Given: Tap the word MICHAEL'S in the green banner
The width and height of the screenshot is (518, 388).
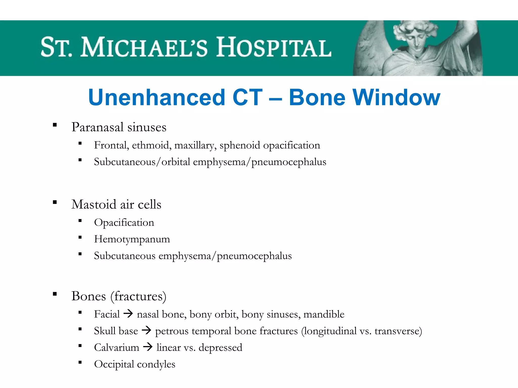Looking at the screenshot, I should tap(144, 47).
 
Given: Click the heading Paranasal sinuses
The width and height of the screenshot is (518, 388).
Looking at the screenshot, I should tap(119, 127).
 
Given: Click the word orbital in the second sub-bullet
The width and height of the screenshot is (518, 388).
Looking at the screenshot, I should tap(176, 162).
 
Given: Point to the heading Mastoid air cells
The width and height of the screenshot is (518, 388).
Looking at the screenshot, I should tap(116, 204).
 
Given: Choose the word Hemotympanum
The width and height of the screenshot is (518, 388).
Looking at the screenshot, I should tap(132, 239).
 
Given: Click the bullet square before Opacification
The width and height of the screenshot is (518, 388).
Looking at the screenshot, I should tap(80, 221).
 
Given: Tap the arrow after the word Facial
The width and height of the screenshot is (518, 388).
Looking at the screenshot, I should tap(128, 314).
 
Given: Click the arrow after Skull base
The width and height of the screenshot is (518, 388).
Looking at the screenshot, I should tap(146, 330).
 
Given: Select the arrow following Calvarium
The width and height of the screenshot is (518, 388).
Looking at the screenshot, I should tap(148, 347).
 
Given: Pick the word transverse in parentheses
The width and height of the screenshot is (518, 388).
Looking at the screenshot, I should tap(396, 331).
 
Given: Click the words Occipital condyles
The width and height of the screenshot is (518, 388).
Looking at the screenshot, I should tap(135, 364).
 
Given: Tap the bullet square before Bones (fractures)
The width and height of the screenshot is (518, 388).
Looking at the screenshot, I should tap(55, 294).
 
